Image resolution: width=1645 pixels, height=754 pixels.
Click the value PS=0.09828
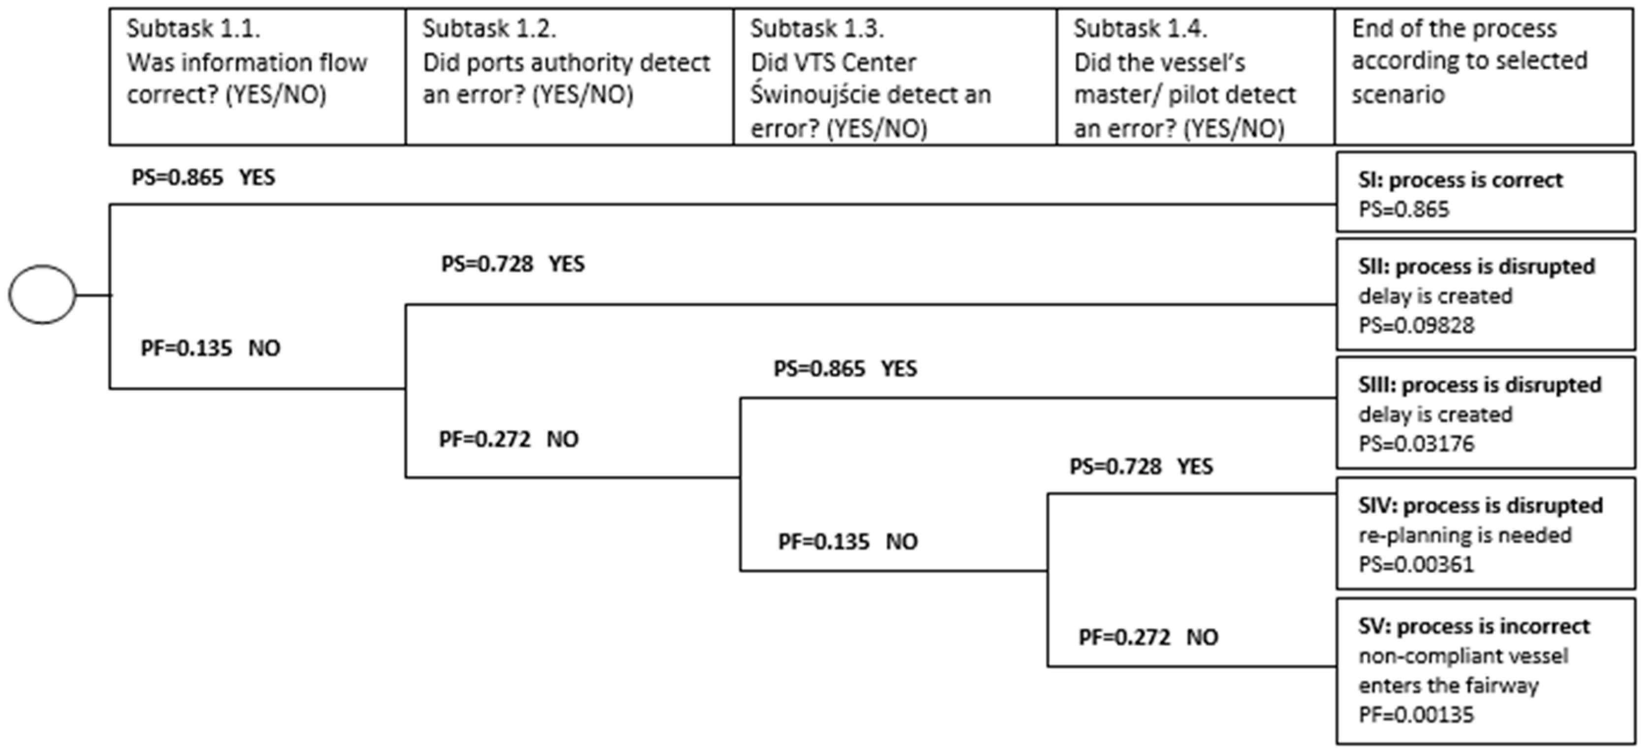tap(1416, 325)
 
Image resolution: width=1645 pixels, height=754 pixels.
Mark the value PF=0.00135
tap(1416, 715)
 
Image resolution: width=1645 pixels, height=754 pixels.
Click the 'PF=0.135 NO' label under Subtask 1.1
tap(210, 348)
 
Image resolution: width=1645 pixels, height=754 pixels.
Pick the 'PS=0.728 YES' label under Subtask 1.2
tap(513, 264)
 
